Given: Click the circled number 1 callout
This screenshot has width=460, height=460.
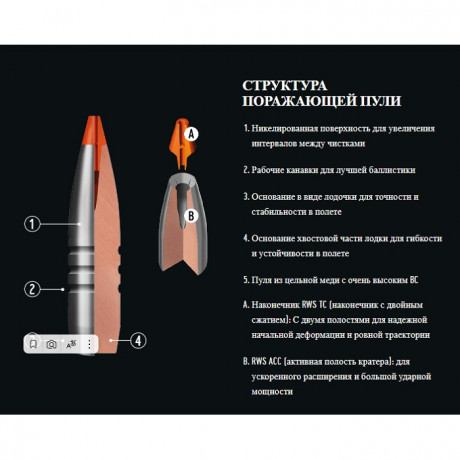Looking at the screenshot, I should tap(32, 224).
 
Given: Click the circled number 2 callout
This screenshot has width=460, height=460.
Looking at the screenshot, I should tap(32, 289).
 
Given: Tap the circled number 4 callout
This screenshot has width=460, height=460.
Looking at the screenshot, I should tap(138, 340).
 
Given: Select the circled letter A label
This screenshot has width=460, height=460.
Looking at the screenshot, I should tap(192, 132).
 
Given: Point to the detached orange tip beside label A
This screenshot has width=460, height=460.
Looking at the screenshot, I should tap(177, 140).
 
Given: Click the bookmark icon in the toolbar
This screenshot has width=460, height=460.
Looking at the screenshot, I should tap(33, 343).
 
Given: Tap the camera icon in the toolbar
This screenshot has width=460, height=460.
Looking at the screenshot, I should tap(52, 343).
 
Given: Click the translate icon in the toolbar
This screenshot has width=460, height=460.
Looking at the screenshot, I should tap(71, 343).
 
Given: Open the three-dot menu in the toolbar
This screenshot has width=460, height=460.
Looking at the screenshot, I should tap(89, 343).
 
